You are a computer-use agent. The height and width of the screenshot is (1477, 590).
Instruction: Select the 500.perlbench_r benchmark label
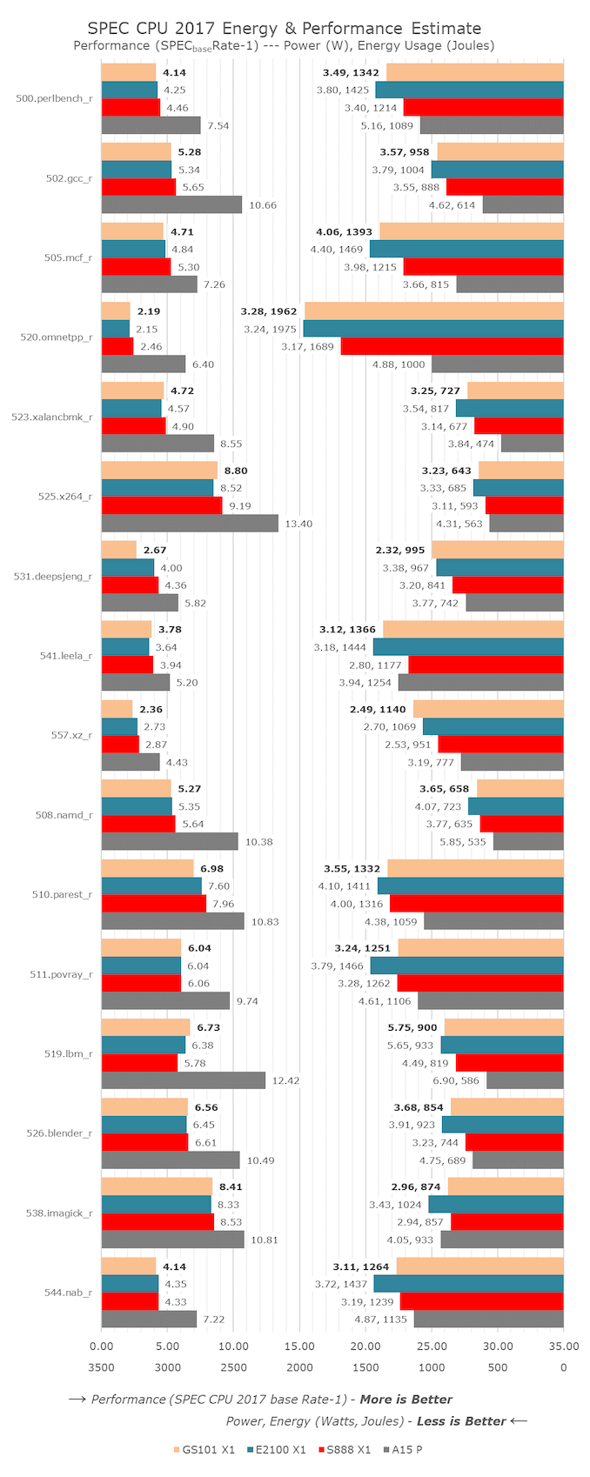pos(54,98)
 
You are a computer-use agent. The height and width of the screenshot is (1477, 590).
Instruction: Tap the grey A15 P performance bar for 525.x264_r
pos(190,524)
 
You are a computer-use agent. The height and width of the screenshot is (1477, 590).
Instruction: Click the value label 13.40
pos(298,524)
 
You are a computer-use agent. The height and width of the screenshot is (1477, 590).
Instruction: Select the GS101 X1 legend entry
pos(204,1449)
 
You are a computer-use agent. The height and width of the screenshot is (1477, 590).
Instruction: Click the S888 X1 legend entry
pos(345,1449)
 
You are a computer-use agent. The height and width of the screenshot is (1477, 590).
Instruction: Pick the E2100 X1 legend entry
pos(277,1449)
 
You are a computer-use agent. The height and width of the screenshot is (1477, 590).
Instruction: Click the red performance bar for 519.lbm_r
pos(139,1063)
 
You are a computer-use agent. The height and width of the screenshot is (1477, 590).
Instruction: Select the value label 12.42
pos(285,1080)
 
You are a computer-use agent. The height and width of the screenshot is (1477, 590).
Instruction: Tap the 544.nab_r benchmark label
pos(68,1293)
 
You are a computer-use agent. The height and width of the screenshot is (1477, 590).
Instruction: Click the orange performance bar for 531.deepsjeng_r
pos(119,550)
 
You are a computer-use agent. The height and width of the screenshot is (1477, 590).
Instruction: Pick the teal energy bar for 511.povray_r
pos(466,966)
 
